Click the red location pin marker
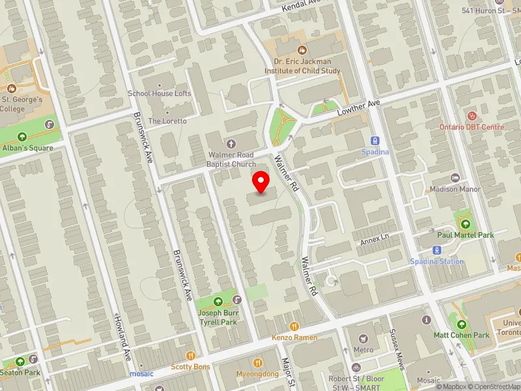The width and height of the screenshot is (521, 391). point(261,182)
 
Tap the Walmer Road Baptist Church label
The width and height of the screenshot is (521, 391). point(232,160)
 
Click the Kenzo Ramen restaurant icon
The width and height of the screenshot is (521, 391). point(294,326)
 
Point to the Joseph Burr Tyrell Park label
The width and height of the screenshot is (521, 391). point(218,316)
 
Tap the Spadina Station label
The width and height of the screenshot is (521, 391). point(436,262)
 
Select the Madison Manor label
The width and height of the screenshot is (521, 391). point(455,190)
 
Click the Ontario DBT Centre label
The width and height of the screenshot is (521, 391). point(472,127)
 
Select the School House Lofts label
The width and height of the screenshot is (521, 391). point(160,94)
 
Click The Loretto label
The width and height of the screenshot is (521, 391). point(167,121)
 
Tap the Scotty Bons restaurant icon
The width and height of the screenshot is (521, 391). point(191,355)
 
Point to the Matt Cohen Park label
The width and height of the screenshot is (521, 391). point(461,336)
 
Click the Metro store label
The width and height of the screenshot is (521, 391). point(363,350)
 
